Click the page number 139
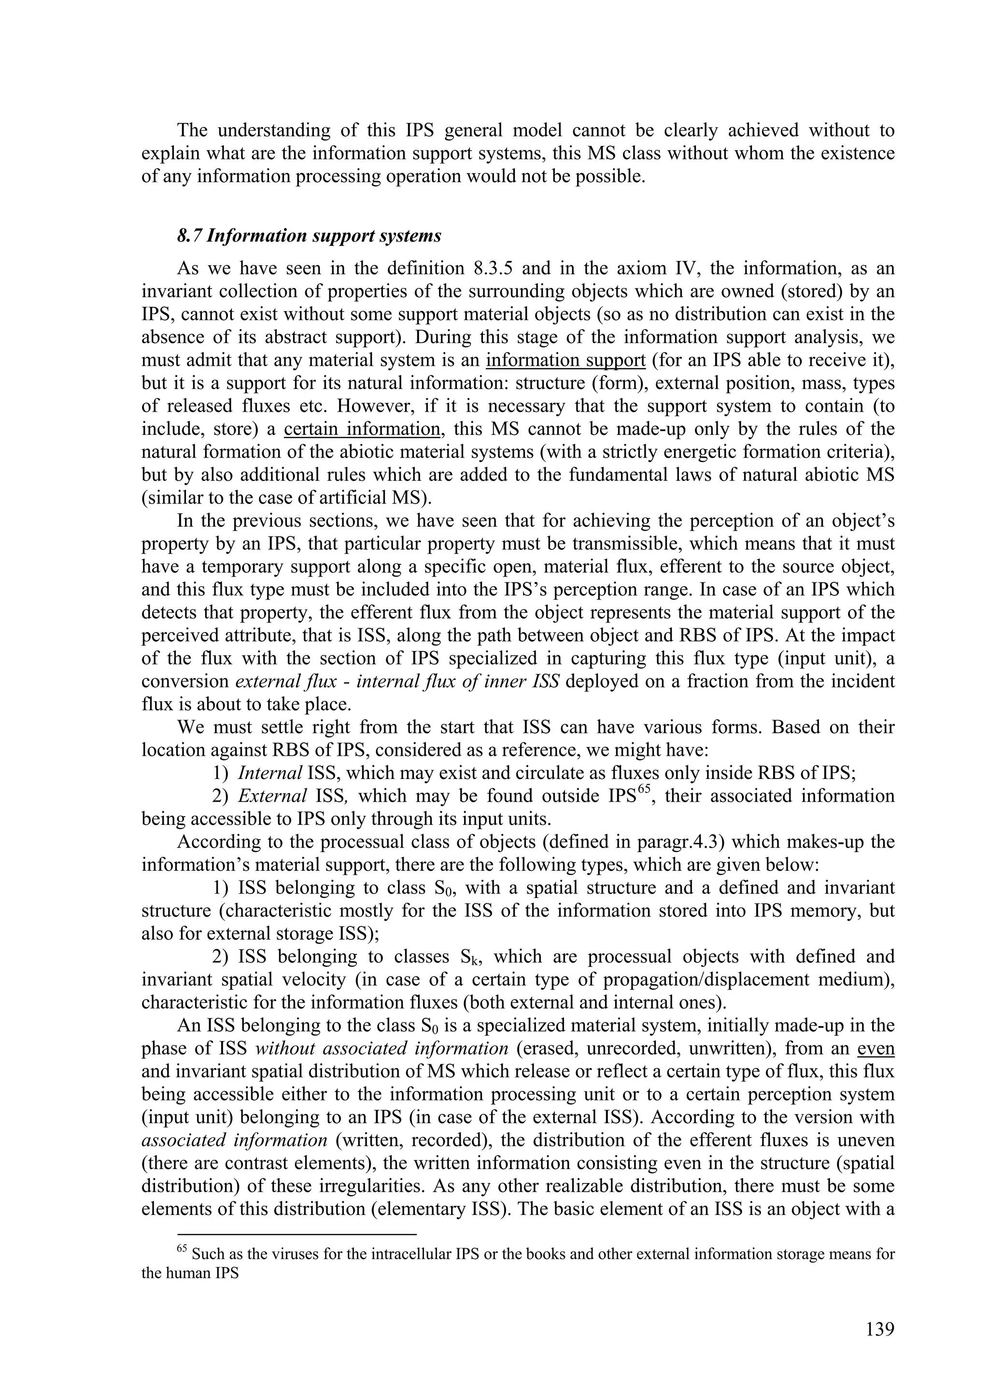point(879,1328)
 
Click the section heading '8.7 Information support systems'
point(309,236)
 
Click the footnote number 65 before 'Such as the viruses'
point(182,1249)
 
